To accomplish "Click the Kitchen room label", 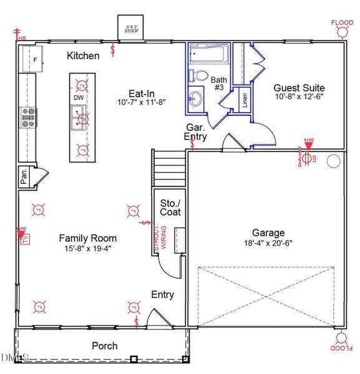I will [83, 56].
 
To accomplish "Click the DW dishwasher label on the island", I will [79, 98].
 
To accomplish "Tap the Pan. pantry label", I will [23, 176].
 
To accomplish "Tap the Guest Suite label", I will [300, 88].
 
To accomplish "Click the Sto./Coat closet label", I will [170, 208].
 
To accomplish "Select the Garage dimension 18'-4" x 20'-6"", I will [268, 243].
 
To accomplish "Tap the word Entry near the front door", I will [162, 295].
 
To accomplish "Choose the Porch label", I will [104, 346].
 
